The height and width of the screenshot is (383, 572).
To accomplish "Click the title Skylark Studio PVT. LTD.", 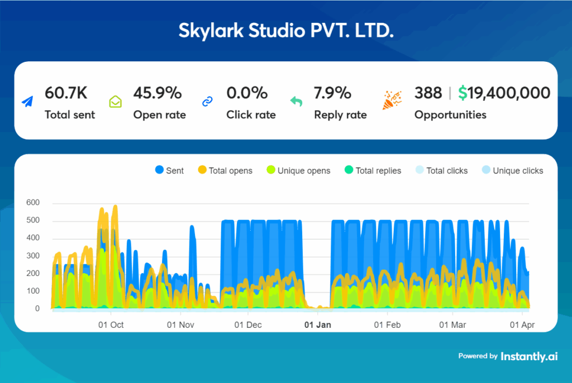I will (285, 30).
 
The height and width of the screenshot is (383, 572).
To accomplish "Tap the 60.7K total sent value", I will (66, 93).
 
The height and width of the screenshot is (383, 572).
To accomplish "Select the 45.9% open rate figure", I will (157, 93).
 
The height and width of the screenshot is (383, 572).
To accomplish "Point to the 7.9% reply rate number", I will (332, 93).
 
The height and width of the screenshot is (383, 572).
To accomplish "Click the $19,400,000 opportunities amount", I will (504, 93).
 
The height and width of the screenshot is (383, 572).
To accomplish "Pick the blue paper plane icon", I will (27, 102).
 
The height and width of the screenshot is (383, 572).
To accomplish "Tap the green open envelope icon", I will (115, 102).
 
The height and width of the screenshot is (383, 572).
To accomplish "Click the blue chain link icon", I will (207, 102).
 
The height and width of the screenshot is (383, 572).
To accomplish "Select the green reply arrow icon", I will (296, 102).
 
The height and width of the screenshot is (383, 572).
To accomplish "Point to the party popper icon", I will (392, 100).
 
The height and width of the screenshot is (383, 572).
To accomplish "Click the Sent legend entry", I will (169, 171).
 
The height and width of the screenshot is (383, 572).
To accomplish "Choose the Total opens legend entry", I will (225, 171).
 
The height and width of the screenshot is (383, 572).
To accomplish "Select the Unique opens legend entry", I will (298, 171).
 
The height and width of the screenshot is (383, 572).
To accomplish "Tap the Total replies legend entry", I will (373, 171).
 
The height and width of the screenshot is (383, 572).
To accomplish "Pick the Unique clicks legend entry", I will (512, 171).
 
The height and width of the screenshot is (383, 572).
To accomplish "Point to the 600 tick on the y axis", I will (33, 203).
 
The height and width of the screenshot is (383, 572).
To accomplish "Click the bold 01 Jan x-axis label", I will (317, 324).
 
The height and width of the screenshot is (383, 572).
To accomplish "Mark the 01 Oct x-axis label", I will (111, 324).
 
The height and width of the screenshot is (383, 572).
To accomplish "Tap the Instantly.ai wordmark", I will (528, 356).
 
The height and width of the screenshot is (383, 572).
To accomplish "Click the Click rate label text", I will (251, 115).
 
